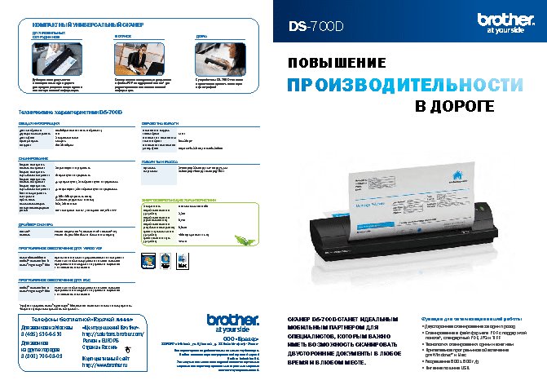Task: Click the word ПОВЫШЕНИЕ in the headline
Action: click(x=335, y=63)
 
